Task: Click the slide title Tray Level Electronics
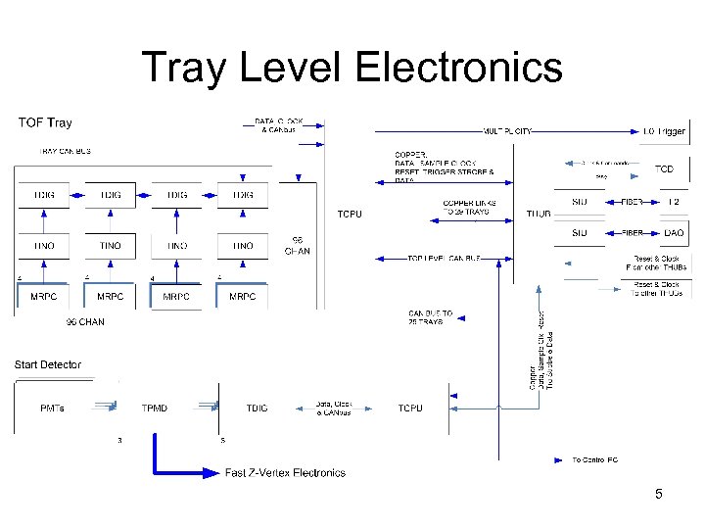(352, 69)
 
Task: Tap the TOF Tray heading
(45, 123)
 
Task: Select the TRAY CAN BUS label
(64, 151)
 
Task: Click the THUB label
(539, 213)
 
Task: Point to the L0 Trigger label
(665, 131)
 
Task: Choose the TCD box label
(664, 168)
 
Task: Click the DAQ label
(673, 233)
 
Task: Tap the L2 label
(673, 201)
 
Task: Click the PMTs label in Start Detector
(53, 408)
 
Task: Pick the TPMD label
(154, 408)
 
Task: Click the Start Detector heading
(48, 364)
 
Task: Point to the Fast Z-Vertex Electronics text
(285, 473)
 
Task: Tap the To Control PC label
(594, 458)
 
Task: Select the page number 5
(659, 494)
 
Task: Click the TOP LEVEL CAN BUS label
(445, 258)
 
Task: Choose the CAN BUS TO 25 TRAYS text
(430, 317)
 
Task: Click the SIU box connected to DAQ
(579, 233)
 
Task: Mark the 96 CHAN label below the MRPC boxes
(85, 321)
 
